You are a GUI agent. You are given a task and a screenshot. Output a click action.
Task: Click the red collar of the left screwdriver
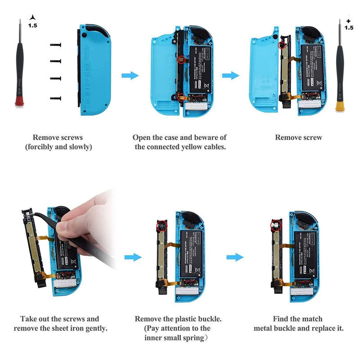point(19,100)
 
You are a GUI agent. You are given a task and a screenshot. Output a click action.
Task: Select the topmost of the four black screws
point(56,45)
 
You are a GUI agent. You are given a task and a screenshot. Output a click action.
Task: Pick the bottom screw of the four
point(56,97)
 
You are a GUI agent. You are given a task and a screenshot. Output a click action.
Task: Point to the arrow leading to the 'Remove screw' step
point(230,76)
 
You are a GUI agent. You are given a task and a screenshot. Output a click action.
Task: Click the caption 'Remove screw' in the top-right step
point(298,137)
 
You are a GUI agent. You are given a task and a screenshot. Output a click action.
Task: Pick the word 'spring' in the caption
point(196,338)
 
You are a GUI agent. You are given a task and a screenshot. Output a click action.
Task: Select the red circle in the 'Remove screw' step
point(282,45)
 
